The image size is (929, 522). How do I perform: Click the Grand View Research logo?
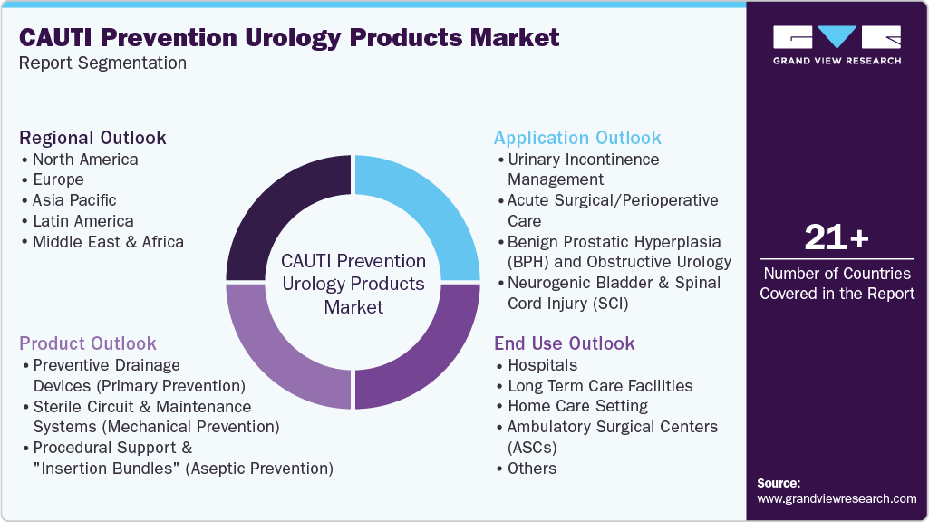tap(837, 44)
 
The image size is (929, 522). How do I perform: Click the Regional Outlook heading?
tap(92, 138)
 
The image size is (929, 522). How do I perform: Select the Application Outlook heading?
tap(577, 138)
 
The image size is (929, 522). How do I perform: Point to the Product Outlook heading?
tap(88, 343)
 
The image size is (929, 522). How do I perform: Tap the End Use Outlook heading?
tap(564, 343)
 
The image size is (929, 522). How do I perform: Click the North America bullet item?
tap(85, 159)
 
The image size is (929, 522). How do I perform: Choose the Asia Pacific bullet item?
tap(74, 200)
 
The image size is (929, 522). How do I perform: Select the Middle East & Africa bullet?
tap(108, 242)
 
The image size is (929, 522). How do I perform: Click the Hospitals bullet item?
tap(542, 365)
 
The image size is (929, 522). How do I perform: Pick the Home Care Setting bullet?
tap(577, 406)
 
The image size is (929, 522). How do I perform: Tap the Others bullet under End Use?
tap(532, 469)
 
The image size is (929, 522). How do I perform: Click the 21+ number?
tap(837, 238)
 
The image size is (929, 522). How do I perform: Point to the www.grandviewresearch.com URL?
tap(837, 498)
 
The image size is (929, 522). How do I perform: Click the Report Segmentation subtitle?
tap(102, 63)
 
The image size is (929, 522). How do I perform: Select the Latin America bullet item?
tap(82, 221)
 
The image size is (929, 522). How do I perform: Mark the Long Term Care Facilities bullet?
tap(600, 386)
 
